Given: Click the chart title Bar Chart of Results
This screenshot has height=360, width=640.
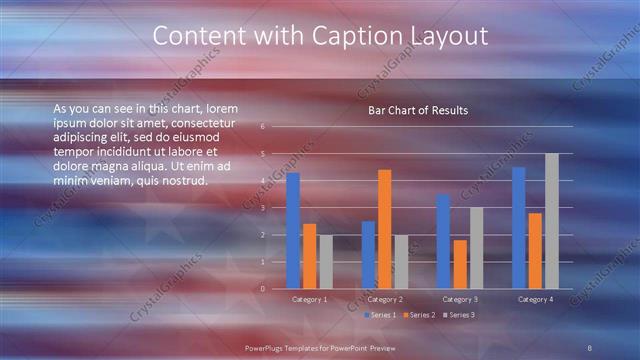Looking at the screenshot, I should point(418,110).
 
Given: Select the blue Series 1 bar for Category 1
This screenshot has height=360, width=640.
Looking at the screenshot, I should point(293,231).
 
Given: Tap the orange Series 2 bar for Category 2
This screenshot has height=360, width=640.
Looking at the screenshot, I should point(385,229).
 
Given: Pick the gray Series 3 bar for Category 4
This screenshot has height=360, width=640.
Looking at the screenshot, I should point(552,221).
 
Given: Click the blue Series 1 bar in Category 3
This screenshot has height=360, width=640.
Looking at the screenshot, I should point(443,241).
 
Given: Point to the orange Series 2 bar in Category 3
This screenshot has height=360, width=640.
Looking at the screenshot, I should point(460,264).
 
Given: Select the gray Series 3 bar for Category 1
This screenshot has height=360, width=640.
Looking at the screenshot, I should point(326,262).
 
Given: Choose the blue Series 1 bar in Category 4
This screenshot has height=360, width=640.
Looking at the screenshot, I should point(519,228).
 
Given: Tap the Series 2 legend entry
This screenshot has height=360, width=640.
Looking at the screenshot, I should point(419,315).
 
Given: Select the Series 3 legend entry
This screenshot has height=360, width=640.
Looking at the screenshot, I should point(457,315).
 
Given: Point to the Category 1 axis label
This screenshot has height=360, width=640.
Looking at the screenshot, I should point(309,299).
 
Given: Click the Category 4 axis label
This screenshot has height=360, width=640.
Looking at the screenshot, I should point(535,299).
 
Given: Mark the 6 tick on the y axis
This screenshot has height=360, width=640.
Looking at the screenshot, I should point(262,127).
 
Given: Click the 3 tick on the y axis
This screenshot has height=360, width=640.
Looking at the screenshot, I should point(262,208).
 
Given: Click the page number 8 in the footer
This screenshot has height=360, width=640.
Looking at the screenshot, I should point(590,346).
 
